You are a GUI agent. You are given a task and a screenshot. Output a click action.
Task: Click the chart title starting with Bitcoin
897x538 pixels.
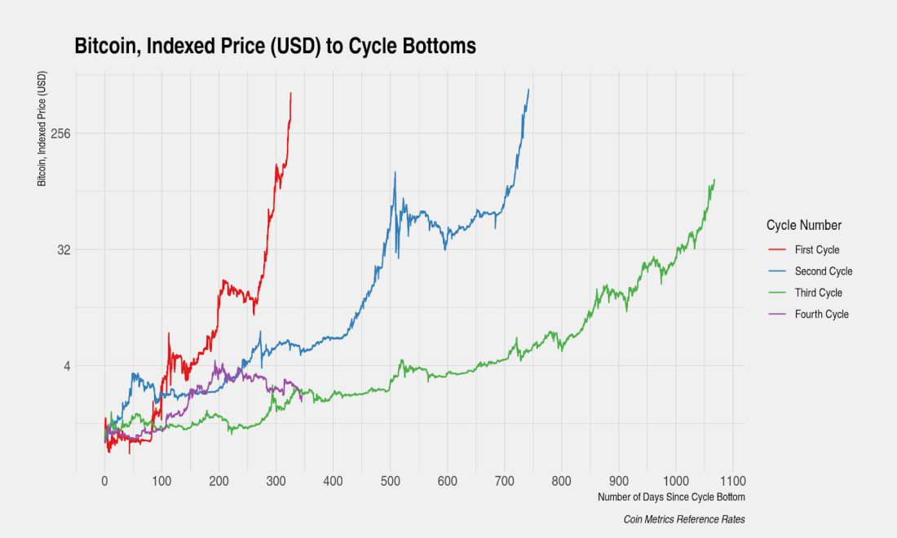[275, 46]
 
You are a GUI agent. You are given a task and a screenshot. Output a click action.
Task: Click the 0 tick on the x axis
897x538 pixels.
[104, 481]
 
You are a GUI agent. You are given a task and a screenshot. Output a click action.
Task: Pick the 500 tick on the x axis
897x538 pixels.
[390, 481]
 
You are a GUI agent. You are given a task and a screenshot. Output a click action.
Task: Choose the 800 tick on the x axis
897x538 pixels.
[561, 481]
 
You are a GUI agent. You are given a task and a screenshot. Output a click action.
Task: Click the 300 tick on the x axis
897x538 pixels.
[276, 481]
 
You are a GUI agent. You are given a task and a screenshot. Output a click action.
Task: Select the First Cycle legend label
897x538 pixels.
[816, 250]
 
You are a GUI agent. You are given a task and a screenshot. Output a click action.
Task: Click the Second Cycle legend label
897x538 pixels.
[823, 271]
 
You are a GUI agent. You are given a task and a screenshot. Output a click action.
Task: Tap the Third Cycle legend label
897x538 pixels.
[818, 293]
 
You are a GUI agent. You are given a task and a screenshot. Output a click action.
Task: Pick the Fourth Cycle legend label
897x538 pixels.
[821, 314]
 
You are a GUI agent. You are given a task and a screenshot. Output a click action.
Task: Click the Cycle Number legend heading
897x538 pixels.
[804, 225]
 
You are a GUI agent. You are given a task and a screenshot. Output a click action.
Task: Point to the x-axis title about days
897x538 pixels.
[670, 496]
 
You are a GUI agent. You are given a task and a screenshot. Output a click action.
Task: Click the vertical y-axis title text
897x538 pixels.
[42, 129]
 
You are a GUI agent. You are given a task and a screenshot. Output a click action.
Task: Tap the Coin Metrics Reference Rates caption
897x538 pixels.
[683, 519]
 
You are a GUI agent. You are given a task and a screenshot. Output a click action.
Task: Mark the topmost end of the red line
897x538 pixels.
[290, 93]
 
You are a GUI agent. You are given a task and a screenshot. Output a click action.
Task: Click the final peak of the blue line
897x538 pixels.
[529, 90]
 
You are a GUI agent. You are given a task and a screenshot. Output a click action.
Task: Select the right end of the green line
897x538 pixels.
[714, 179]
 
